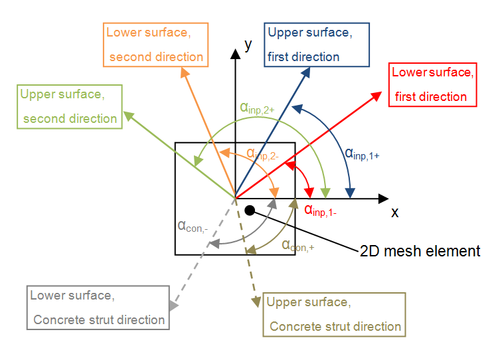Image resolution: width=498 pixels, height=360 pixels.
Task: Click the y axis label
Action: [248, 45]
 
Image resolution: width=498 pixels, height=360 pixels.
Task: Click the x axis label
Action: [394, 213]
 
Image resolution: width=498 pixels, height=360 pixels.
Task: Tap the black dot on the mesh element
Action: [250, 211]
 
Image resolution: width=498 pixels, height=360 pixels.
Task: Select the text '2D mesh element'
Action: [419, 251]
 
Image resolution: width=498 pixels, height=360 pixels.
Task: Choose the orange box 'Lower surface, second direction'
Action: [156, 45]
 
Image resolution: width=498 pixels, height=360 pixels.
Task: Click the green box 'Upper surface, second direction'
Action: [70, 106]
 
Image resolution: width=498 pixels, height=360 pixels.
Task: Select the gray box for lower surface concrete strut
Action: [98, 308]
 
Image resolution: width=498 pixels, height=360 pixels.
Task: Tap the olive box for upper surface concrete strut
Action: [333, 314]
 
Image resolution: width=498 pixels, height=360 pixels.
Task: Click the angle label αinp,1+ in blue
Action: [361, 153]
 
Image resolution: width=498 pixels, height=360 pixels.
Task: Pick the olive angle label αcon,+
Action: [297, 245]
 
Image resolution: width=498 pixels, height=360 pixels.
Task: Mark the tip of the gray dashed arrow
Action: [175, 306]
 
